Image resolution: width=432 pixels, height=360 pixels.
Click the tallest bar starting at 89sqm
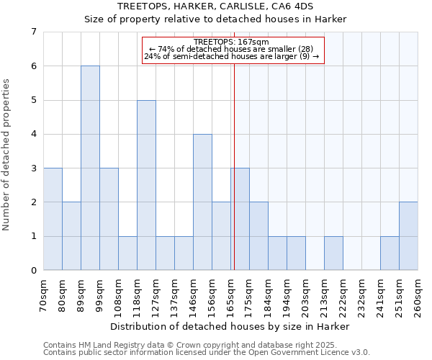pyautogui.click(x=90, y=168)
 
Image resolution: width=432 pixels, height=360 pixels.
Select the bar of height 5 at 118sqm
pyautogui.click(x=146, y=185)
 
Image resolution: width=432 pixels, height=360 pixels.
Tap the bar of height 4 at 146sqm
pyautogui.click(x=202, y=202)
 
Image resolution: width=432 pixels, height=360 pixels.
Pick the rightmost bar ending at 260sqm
pyautogui.click(x=408, y=236)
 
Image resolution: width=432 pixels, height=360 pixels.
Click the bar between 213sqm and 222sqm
pyautogui.click(x=333, y=253)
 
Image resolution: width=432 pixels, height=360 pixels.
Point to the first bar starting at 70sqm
pyautogui.click(x=53, y=219)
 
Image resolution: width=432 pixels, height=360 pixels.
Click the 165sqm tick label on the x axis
pyautogui.click(x=230, y=294)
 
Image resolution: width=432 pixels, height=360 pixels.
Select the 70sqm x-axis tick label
pyautogui.click(x=43, y=294)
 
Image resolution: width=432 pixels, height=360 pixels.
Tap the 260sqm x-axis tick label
pyautogui.click(x=418, y=294)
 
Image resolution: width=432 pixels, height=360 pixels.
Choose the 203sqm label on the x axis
pyautogui.click(x=305, y=294)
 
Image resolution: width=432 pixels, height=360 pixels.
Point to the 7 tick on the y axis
pyautogui.click(x=34, y=32)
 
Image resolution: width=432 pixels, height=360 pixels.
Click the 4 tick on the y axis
pyautogui.click(x=34, y=134)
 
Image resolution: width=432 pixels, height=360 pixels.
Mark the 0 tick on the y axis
pyautogui.click(x=34, y=270)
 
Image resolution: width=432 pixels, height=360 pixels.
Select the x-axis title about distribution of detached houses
pyautogui.click(x=230, y=326)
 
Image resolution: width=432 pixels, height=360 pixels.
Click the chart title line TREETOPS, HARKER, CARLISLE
pyautogui.click(x=216, y=6)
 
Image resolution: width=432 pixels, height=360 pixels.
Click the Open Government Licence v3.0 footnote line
pyautogui.click(x=207, y=353)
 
